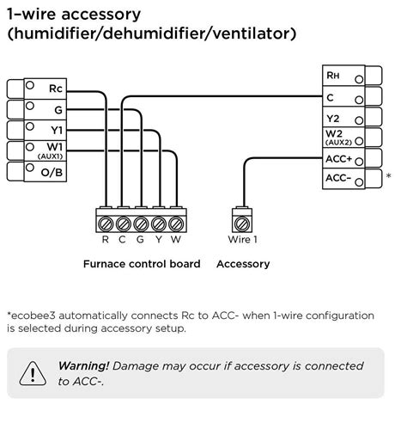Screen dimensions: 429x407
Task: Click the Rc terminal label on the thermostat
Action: (x=56, y=89)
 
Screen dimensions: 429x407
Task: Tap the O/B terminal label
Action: (x=52, y=173)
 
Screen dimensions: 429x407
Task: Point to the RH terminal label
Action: (x=333, y=77)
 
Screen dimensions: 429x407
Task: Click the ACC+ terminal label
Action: (x=339, y=159)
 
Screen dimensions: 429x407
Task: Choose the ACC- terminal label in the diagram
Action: (x=338, y=179)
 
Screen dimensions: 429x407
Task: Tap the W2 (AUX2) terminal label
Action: (x=335, y=138)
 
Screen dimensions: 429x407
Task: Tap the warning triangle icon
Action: (x=33, y=373)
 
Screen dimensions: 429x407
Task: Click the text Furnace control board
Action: (x=141, y=264)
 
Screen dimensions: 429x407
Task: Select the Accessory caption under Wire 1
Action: (x=243, y=264)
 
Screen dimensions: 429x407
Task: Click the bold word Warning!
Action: (x=83, y=365)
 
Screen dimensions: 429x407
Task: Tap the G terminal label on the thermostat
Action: (x=58, y=109)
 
